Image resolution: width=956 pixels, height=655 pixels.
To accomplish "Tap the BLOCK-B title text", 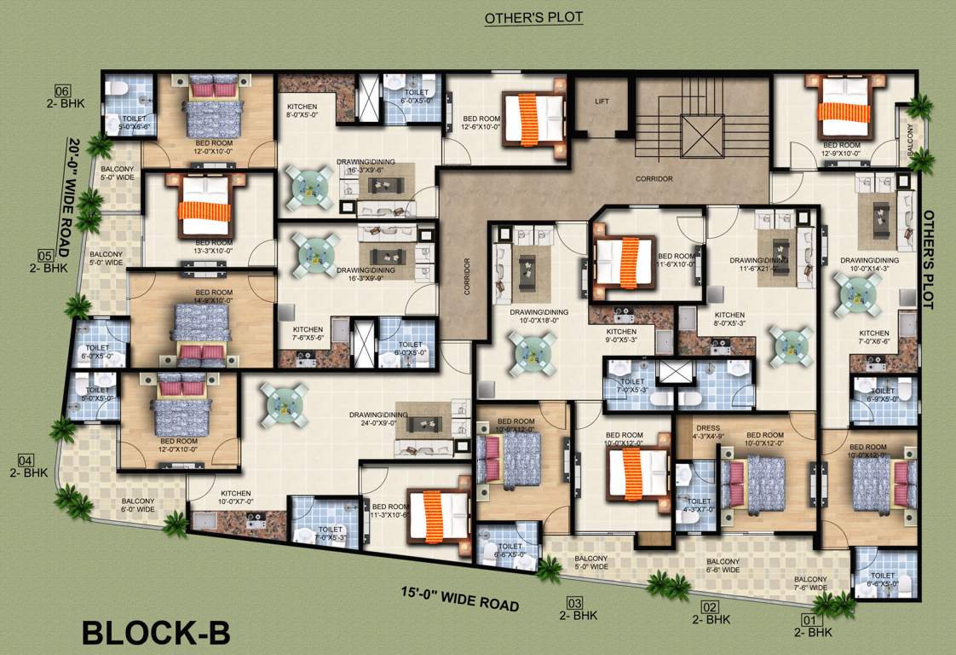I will [156, 633].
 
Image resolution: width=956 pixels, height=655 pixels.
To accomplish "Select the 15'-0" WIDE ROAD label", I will [461, 598].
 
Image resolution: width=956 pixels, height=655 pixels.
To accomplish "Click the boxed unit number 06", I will [61, 92].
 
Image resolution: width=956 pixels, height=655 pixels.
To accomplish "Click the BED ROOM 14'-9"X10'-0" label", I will [201, 296].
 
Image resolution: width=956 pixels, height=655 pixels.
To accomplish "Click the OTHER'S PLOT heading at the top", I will [534, 18].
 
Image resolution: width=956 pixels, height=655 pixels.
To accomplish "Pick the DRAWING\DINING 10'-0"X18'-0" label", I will [533, 317].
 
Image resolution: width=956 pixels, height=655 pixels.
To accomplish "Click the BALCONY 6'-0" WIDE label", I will [139, 506].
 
